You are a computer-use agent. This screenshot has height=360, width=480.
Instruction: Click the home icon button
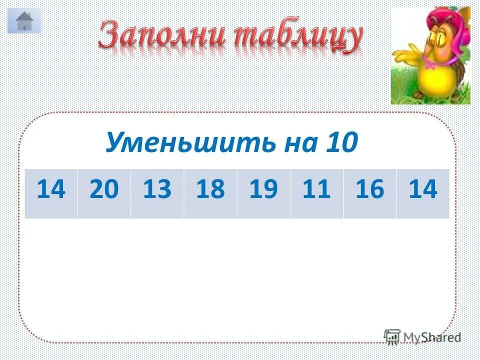click(x=24, y=21)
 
